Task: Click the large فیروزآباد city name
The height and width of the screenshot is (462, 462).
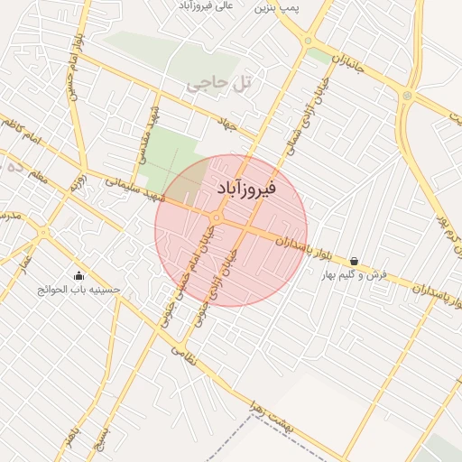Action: [247, 189]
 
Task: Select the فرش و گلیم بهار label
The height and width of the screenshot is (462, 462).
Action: [355, 273]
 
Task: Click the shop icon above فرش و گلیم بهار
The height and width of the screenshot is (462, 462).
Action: [354, 261]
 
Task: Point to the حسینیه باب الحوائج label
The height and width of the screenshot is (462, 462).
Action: [79, 290]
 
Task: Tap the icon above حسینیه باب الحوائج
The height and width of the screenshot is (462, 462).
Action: [79, 276]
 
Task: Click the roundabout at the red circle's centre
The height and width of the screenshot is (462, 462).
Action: [217, 218]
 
